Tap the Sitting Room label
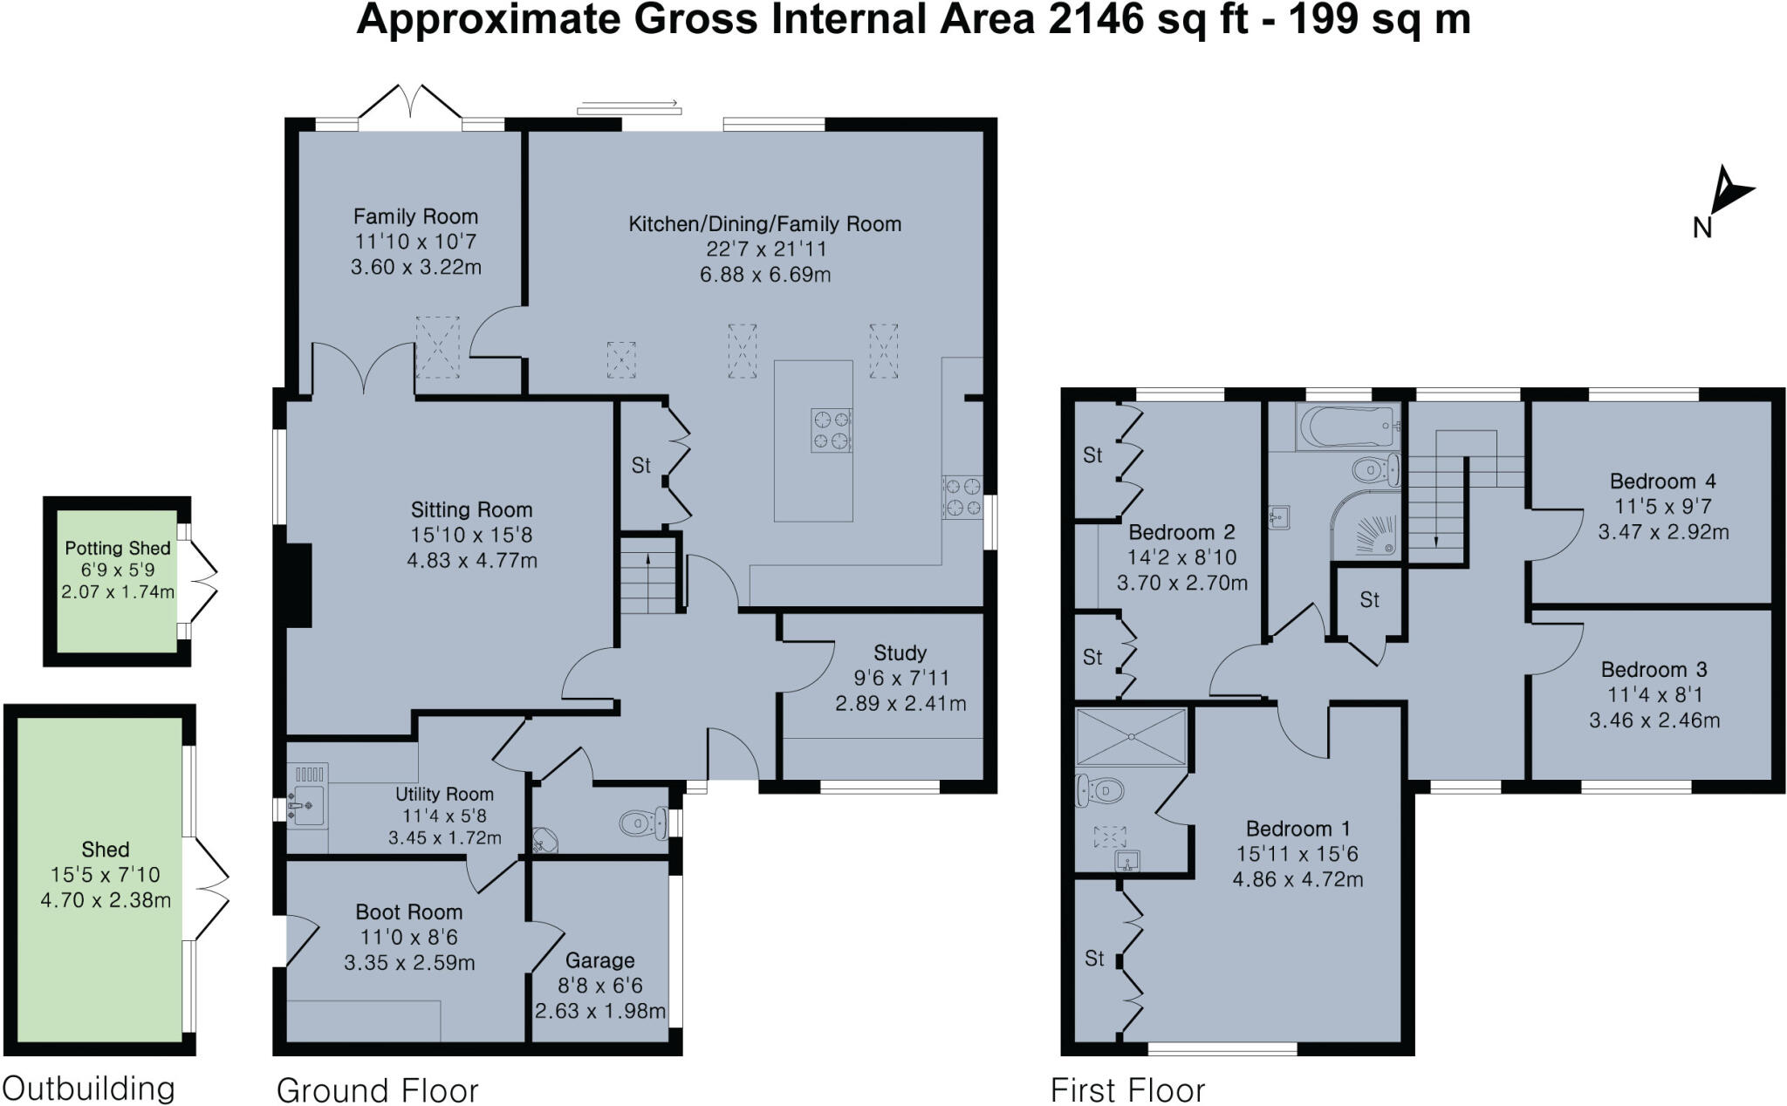(x=471, y=510)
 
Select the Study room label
(x=900, y=653)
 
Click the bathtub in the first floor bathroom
(x=1346, y=427)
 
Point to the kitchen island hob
(x=831, y=430)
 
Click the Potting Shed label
(x=117, y=549)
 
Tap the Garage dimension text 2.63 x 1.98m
(x=600, y=1012)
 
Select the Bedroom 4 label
(x=1662, y=481)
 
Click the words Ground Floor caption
(x=377, y=1090)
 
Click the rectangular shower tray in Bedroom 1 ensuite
(x=1131, y=737)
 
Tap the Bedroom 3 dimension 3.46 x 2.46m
(x=1654, y=720)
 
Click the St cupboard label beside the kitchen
(x=640, y=466)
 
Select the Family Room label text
(x=415, y=216)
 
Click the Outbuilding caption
(x=89, y=1089)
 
